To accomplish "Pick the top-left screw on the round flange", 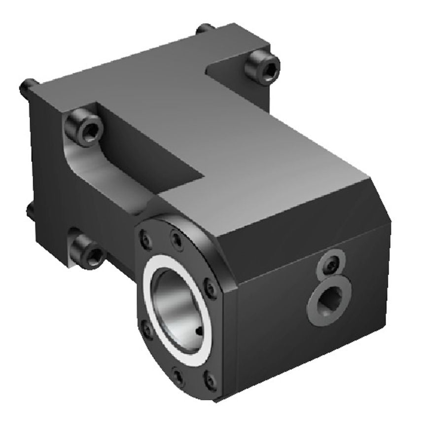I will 146,241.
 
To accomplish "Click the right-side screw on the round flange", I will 211,289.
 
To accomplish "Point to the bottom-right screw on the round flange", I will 210,380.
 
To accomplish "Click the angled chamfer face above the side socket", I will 301,217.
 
